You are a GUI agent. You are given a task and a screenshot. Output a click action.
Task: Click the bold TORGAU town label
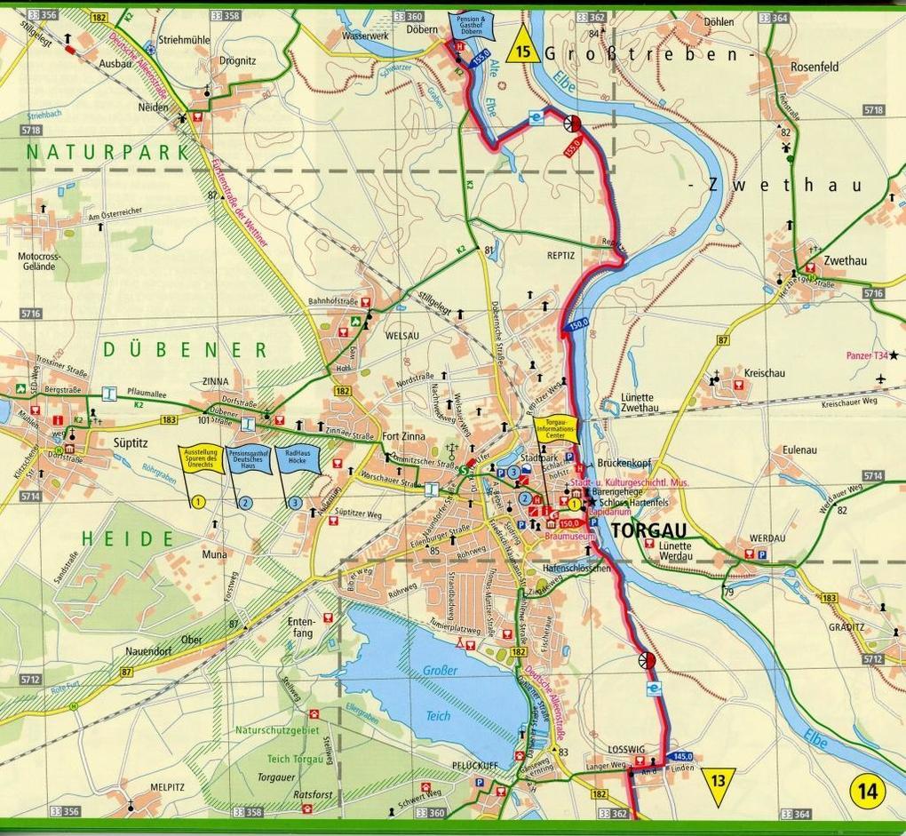648,531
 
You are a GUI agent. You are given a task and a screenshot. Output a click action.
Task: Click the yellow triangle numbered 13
718,782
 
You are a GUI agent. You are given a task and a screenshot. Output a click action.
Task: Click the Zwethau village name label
845,260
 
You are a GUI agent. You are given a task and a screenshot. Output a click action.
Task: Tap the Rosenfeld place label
815,67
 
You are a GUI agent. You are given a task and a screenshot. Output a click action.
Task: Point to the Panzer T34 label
866,356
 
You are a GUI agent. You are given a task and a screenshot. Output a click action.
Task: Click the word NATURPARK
107,152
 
